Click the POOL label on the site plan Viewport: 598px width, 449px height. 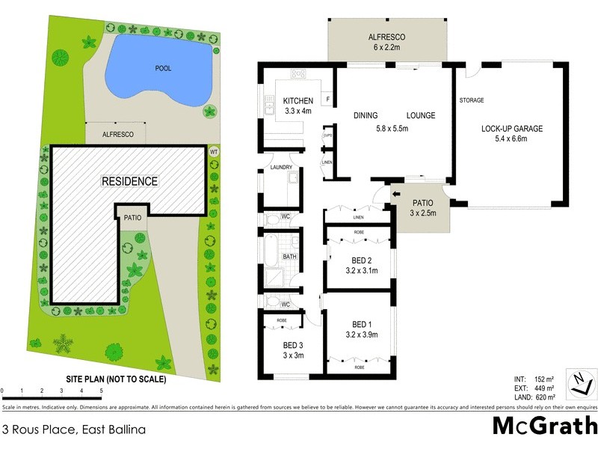pyautogui.click(x=163, y=68)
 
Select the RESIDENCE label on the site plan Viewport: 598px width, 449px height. pyautogui.click(x=130, y=181)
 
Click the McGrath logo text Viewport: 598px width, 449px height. pyautogui.click(x=545, y=426)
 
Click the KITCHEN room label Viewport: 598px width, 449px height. pyautogui.click(x=298, y=101)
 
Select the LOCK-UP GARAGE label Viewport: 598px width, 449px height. pyautogui.click(x=512, y=129)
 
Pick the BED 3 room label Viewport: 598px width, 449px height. pyautogui.click(x=292, y=346)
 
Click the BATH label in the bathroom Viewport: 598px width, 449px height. pyautogui.click(x=289, y=257)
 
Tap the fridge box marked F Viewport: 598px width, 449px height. pyautogui.click(x=327, y=100)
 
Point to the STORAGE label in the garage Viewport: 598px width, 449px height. pyautogui.click(x=472, y=100)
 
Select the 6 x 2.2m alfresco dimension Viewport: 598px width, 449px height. pyautogui.click(x=386, y=47)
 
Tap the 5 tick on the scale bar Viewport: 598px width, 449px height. pyautogui.click(x=100, y=391)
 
